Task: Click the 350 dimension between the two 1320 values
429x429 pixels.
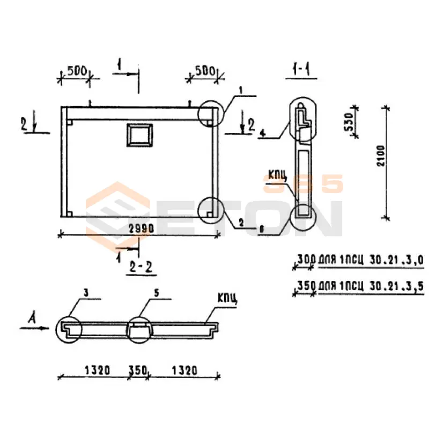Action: [x=138, y=370]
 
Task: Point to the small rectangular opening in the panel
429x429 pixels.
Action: [x=139, y=134]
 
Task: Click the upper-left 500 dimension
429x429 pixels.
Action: [x=77, y=71]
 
